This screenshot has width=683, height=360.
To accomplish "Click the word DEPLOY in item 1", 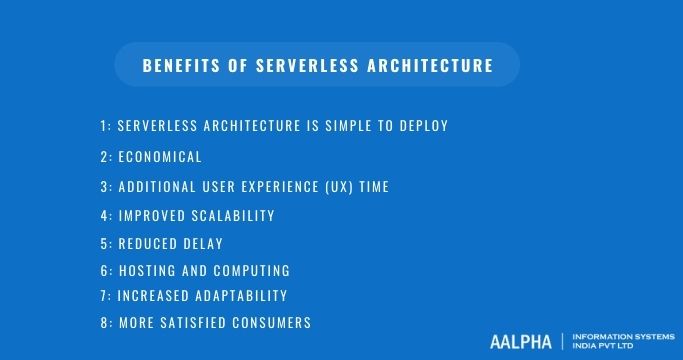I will (422, 126).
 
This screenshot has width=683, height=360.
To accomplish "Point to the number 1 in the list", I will (103, 126).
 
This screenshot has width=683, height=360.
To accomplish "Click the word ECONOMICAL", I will (160, 157).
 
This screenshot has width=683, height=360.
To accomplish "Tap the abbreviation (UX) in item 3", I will (321, 187).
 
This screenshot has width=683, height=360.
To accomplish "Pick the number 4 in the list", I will (104, 216).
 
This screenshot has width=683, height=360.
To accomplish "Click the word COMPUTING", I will (253, 271).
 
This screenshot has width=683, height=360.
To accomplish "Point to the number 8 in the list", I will (104, 323).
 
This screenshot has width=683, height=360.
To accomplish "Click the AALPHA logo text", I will (520, 342).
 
